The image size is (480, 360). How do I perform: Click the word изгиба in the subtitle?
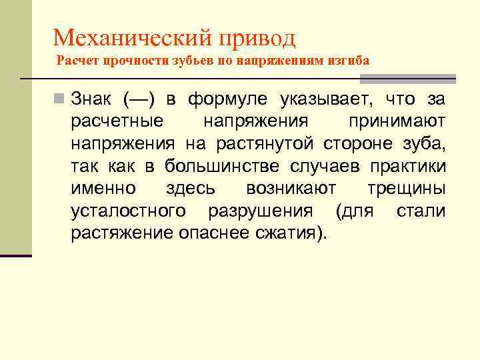point(347,61)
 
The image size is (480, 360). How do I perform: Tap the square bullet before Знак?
point(61,100)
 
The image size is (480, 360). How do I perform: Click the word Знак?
point(93,100)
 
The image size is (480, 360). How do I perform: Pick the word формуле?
point(227,100)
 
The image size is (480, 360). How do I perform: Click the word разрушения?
point(260,211)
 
